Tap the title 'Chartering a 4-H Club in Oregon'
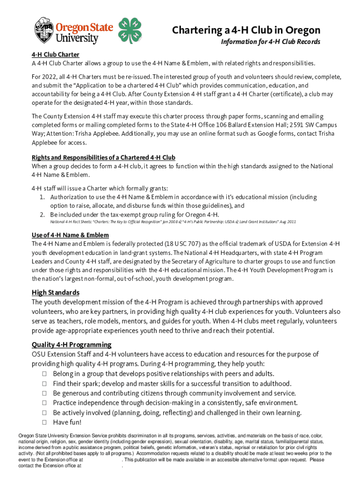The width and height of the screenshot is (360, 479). pos(246,30)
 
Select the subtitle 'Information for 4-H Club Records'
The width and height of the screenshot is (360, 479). pos(270,42)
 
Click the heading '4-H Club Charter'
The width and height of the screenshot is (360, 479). pos(55,55)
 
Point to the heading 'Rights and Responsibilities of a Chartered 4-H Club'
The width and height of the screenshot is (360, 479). pos(103,158)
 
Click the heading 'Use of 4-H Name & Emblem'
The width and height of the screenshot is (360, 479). pos(70,235)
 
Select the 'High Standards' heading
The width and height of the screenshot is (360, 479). pos(55,292)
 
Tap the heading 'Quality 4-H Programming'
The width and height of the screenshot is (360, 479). pos(71,345)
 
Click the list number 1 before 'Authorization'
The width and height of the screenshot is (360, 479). pos(42,197)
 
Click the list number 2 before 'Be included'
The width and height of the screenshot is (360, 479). pos(42,215)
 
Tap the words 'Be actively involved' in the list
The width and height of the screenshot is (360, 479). pos(81,413)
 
